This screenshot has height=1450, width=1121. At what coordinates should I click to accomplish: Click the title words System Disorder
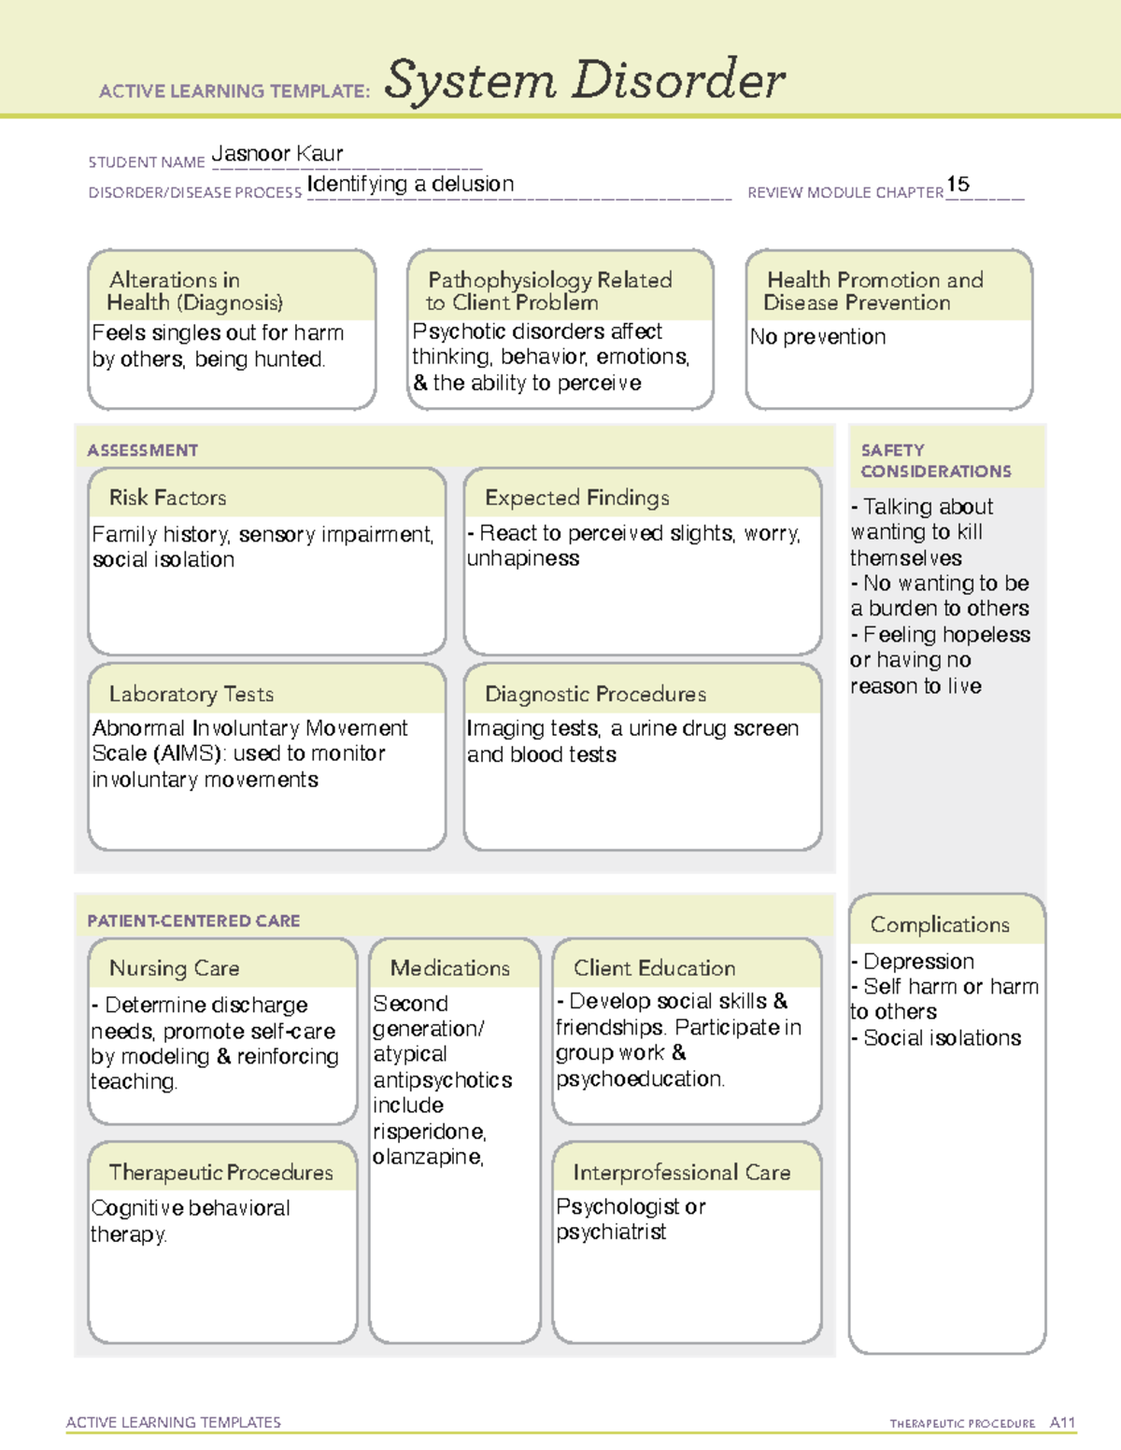pos(585,80)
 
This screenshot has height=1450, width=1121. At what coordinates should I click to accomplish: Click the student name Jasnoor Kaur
pos(277,153)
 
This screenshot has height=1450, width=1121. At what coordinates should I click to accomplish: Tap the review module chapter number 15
pos(958,184)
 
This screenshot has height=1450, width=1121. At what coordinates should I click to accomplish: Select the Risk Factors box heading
pos(167,498)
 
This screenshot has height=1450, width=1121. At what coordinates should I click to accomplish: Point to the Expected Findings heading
pos(577,498)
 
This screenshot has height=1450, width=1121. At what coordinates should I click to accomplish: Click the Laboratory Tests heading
pos(192,694)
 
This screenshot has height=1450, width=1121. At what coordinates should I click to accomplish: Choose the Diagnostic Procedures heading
pos(595,694)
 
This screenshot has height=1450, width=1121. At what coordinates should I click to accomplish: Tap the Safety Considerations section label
pos(935,460)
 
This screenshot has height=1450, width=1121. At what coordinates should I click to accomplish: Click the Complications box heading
pos(940,924)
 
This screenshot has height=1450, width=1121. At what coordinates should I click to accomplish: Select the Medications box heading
pos(450,968)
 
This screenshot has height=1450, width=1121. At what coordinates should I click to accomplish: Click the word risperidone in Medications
pos(429,1132)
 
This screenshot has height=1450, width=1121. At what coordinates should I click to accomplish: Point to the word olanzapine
pos(427,1157)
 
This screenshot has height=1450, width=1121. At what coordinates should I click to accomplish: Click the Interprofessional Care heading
pos(682,1172)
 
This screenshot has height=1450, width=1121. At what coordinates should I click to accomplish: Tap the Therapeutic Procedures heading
pos(220,1172)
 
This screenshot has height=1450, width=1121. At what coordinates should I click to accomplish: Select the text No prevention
pos(818,337)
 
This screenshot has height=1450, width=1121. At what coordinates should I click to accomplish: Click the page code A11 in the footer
pos(1062,1422)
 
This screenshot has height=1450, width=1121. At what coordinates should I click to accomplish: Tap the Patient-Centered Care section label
pos(193,921)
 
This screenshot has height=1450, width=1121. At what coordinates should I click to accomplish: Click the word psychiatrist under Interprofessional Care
pos(611,1232)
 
